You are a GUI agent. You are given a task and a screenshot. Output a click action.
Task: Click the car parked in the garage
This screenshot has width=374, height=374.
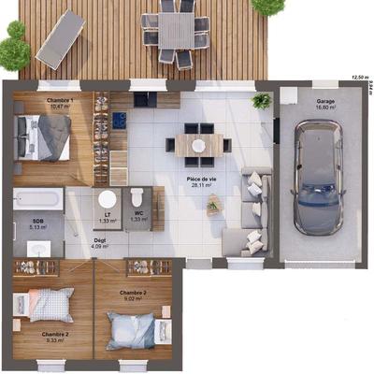317,177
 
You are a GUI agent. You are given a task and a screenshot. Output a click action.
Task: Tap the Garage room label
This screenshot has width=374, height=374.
325,100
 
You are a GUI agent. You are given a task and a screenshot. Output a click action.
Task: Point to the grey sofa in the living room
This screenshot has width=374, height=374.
254,210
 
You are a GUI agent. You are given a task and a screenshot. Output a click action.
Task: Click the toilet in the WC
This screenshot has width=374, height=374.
137,197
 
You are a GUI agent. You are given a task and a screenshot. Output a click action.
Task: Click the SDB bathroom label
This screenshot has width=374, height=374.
38,221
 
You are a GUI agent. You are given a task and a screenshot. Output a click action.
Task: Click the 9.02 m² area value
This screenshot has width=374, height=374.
132,300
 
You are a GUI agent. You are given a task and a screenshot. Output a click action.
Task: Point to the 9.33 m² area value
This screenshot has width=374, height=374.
53,339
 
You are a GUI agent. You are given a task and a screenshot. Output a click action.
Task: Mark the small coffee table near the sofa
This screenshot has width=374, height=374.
215,205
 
